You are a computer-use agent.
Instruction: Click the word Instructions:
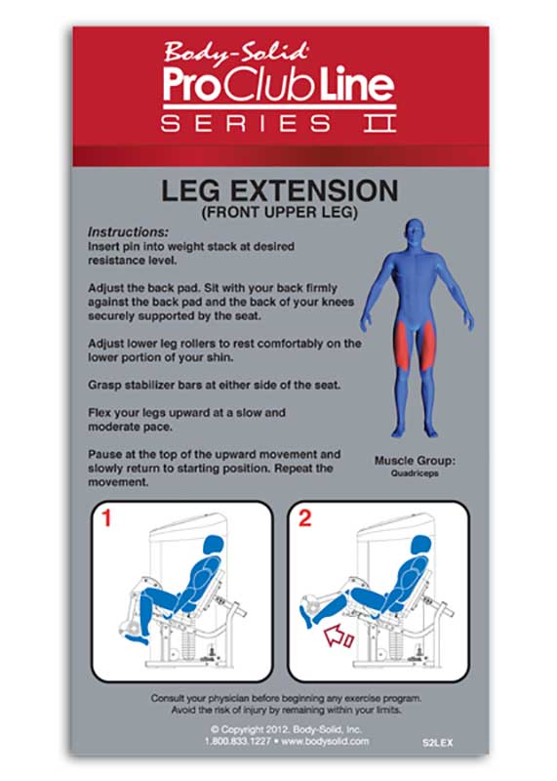(128, 233)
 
